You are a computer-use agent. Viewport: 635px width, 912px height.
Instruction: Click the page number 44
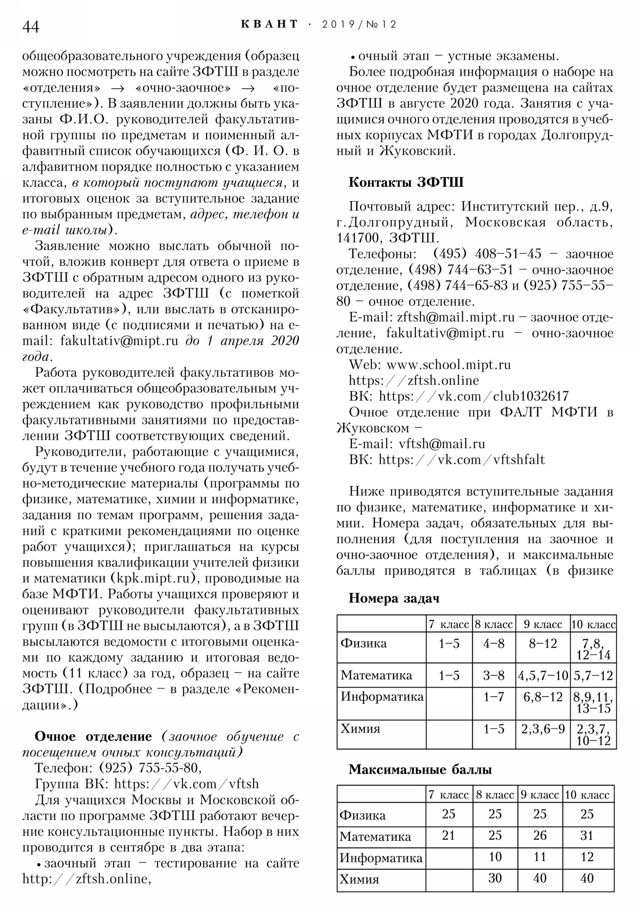click(x=31, y=27)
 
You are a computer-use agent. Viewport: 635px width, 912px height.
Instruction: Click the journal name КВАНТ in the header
click(x=269, y=24)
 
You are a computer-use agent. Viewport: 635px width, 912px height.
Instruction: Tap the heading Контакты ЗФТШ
click(x=406, y=182)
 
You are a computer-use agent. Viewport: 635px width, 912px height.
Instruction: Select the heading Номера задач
click(x=394, y=598)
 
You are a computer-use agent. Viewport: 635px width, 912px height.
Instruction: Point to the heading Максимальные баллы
click(x=420, y=769)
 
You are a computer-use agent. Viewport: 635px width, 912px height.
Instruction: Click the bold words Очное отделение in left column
click(x=93, y=736)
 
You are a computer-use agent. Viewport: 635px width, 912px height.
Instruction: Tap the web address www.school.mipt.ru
click(x=448, y=365)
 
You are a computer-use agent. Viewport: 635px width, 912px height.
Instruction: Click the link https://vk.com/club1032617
click(x=473, y=396)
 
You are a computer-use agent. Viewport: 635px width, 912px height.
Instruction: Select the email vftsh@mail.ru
click(x=442, y=444)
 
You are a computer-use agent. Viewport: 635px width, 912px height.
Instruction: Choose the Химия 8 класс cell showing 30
click(x=495, y=878)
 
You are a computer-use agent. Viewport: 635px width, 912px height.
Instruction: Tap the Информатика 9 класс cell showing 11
click(x=540, y=857)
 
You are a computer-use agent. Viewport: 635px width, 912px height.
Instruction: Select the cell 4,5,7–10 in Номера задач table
click(x=543, y=676)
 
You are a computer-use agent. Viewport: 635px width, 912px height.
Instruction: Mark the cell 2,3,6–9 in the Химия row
click(x=543, y=729)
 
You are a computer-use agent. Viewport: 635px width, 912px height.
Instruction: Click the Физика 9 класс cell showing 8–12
click(x=543, y=644)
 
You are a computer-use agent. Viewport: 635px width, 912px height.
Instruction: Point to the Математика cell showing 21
click(x=448, y=836)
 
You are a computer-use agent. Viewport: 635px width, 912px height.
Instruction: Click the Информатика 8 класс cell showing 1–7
click(x=493, y=697)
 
